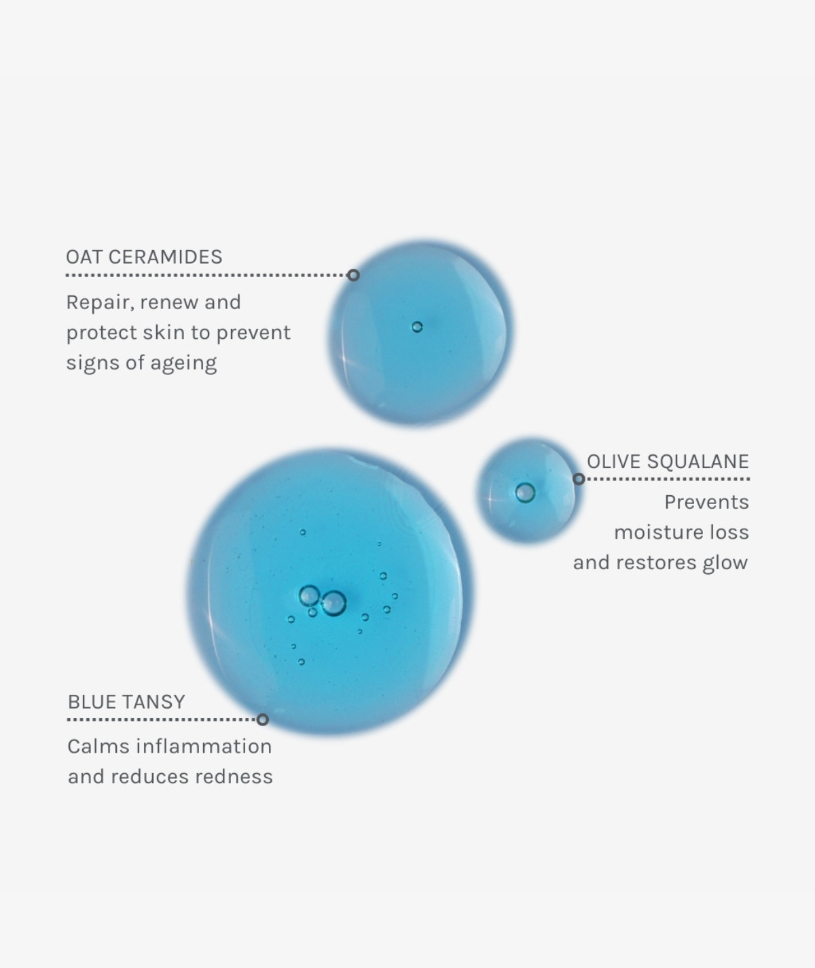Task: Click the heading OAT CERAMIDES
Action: pos(144,257)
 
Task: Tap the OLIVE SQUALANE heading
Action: pos(668,461)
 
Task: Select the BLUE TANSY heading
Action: pos(126,702)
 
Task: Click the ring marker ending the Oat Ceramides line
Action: pos(353,275)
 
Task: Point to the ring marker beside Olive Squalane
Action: pos(579,479)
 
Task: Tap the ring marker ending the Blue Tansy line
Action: pos(263,719)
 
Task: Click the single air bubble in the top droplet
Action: pos(417,327)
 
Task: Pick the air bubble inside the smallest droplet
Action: pos(525,492)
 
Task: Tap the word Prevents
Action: pos(706,502)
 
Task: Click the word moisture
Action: pos(652,533)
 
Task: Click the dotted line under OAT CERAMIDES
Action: pos(206,275)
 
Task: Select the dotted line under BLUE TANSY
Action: pos(162,719)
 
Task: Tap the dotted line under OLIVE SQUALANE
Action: pos(668,479)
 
